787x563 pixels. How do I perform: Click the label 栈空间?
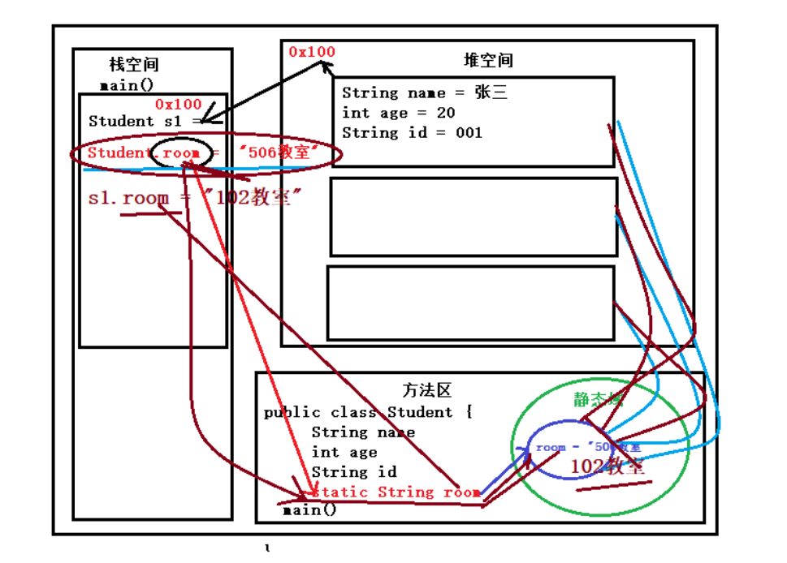coord(134,65)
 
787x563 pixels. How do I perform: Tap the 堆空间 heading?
coord(488,60)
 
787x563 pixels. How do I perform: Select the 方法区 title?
coord(426,390)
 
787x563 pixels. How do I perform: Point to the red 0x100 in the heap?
coord(312,52)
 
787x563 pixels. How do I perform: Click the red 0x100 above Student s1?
coord(178,104)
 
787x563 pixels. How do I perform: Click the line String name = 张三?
coord(424,92)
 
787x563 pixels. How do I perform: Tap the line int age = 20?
coord(398,113)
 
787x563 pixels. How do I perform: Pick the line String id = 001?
coord(412,132)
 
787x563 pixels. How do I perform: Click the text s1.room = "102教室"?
coord(189,198)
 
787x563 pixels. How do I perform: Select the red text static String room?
coord(396,492)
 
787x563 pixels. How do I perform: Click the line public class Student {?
coord(368,412)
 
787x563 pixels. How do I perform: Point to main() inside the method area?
coord(309,510)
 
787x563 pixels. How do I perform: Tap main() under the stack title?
coord(127,85)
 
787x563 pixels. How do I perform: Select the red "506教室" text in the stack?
coord(275,153)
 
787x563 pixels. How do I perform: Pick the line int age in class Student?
coord(344,452)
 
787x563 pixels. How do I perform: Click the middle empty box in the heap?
coord(473,217)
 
